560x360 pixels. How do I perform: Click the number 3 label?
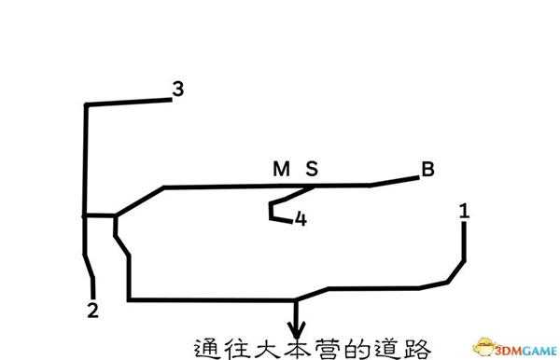click(x=178, y=90)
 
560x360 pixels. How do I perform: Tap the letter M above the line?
click(x=281, y=169)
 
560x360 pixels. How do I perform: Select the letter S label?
click(x=312, y=169)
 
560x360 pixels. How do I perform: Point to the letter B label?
click(x=427, y=169)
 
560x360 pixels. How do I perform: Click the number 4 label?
click(x=300, y=220)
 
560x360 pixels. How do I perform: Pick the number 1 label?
click(x=464, y=212)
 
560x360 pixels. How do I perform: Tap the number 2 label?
click(x=92, y=311)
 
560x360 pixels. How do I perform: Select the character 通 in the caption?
click(x=207, y=347)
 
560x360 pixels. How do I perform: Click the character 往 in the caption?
click(x=237, y=347)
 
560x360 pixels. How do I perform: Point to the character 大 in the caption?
click(x=267, y=347)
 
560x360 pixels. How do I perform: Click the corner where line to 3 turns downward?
click(x=86, y=105)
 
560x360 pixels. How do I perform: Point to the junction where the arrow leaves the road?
click(x=297, y=299)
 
